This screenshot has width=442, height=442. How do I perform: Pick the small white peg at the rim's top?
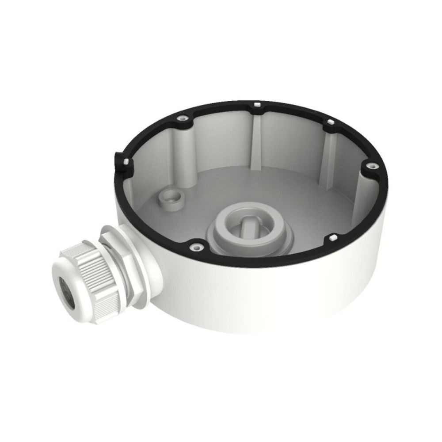256,106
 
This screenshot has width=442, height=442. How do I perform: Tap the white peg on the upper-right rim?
330,122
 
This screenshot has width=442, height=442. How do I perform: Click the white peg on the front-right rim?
331,239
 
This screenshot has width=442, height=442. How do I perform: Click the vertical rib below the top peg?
255,141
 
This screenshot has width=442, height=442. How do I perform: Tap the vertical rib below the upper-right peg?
325,155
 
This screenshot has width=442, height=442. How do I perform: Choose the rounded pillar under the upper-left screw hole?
181,146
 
